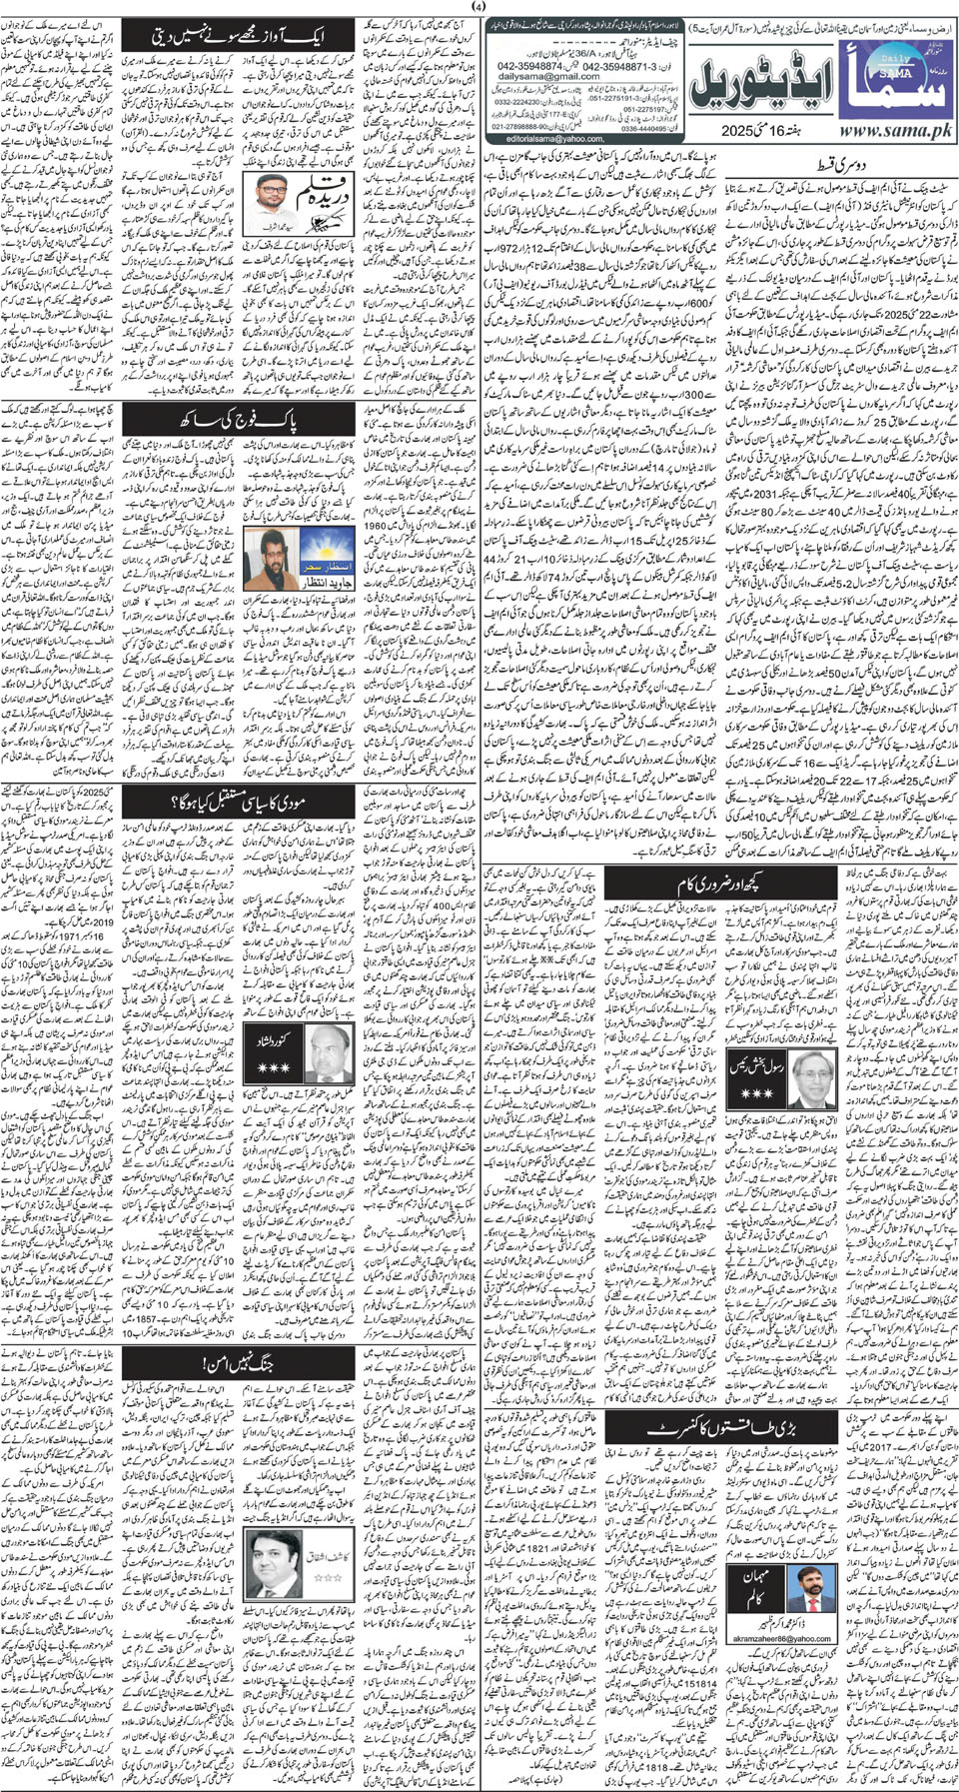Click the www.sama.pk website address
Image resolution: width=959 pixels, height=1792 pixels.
click(896, 131)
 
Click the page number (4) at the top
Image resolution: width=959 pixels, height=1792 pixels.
click(479, 8)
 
